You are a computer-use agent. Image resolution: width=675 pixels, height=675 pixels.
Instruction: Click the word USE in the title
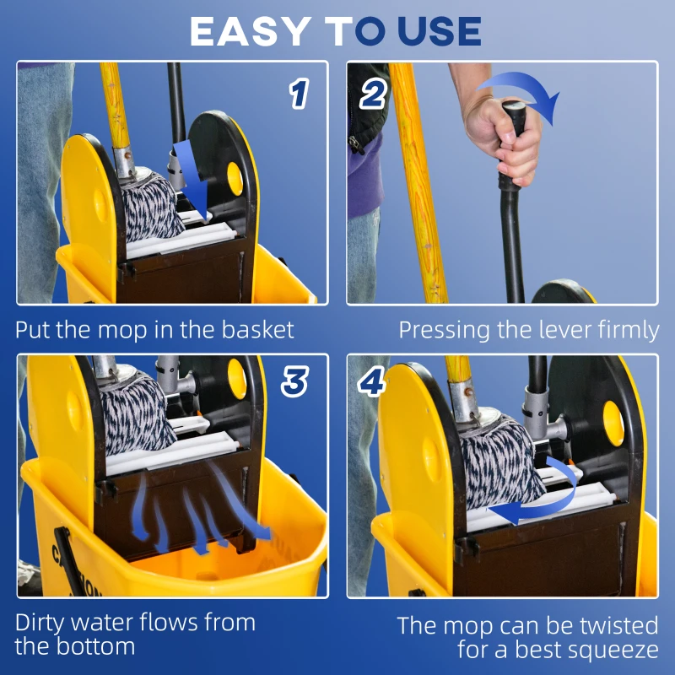tap(431, 31)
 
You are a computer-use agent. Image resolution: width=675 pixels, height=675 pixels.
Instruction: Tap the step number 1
tap(298, 93)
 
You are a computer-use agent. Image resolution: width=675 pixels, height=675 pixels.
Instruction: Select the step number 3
tap(294, 381)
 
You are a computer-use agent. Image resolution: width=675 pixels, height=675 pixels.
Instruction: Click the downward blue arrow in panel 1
tap(190, 181)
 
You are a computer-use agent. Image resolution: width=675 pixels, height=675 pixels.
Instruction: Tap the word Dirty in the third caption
tap(42, 624)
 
